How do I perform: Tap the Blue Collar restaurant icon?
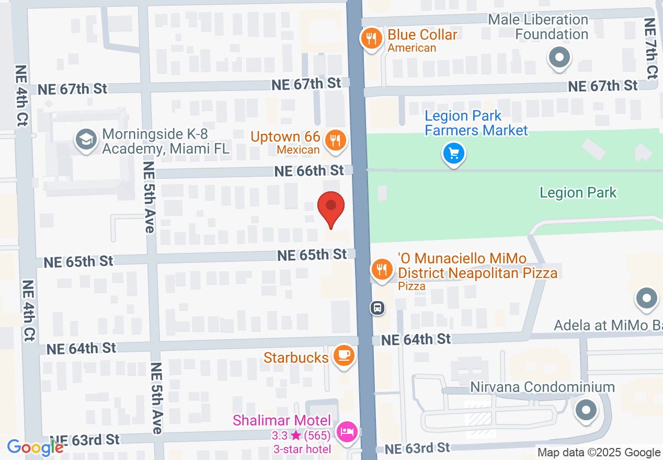pos(371,38)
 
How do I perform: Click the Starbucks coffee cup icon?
pos(344,355)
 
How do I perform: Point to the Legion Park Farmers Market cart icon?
pos(454,154)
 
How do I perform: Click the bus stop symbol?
pos(378,308)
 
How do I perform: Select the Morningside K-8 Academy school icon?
pos(85,140)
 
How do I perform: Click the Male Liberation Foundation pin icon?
pos(559,57)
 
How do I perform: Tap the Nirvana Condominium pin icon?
pos(586,410)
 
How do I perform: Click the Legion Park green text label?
pos(578,192)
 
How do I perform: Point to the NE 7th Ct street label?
pos(650,48)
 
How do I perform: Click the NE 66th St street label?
pos(310,170)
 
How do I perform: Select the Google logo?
pos(35,447)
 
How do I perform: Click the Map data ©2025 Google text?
pos(599,453)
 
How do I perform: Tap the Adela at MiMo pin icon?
pos(646,298)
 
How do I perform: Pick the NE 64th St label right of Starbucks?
pos(416,340)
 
